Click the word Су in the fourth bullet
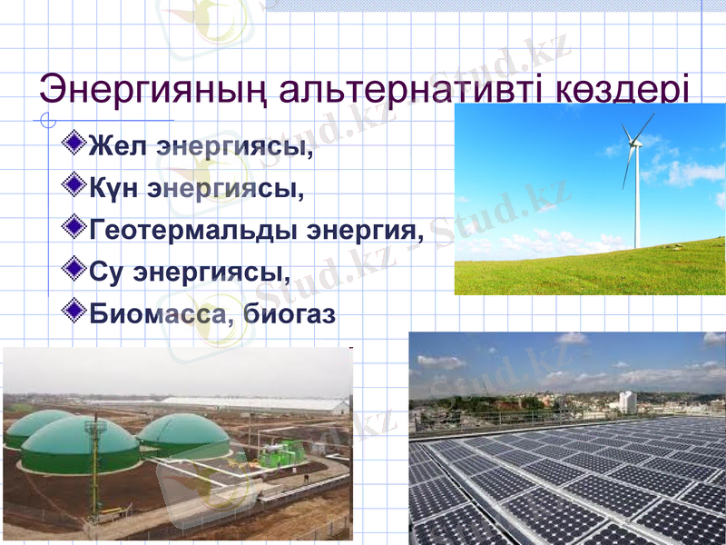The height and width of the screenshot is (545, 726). [106, 272]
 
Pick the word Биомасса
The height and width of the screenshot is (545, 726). [154, 314]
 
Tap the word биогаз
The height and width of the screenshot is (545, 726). [289, 314]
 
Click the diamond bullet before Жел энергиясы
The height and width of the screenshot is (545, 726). [76, 143]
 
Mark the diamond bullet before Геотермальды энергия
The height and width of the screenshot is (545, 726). [76, 226]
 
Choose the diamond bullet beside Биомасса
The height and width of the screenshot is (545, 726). [76, 311]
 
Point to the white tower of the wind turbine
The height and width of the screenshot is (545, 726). [636, 200]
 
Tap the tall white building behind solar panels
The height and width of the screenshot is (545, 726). [626, 401]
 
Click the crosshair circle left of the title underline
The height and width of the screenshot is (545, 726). [49, 120]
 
